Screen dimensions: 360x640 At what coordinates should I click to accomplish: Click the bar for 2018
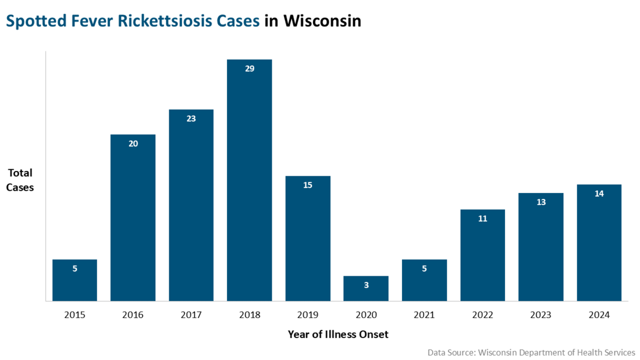[249, 180]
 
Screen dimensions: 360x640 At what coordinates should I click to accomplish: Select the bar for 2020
[366, 288]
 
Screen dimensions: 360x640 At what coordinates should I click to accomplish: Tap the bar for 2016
[133, 218]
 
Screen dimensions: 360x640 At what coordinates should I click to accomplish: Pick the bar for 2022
[482, 255]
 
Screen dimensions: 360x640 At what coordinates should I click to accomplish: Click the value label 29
[250, 69]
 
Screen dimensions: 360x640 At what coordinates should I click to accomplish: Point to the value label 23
[191, 119]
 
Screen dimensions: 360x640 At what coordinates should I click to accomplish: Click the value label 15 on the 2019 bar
[308, 185]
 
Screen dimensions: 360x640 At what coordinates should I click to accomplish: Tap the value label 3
[366, 285]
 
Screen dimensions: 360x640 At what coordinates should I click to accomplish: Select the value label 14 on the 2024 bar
[599, 194]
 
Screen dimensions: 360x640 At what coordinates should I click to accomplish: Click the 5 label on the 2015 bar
[74, 269]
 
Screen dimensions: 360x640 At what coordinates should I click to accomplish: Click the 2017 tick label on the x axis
[191, 315]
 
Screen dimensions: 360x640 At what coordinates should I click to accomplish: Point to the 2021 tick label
[424, 315]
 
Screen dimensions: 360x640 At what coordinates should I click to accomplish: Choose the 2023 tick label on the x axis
[541, 315]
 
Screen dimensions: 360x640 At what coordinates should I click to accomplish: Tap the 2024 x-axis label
[599, 315]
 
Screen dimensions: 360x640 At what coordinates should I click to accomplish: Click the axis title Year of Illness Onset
[337, 334]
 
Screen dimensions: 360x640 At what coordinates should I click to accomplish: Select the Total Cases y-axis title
[20, 180]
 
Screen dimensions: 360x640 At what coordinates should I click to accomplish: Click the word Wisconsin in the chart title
[322, 21]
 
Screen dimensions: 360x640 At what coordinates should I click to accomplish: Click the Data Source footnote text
[531, 352]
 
